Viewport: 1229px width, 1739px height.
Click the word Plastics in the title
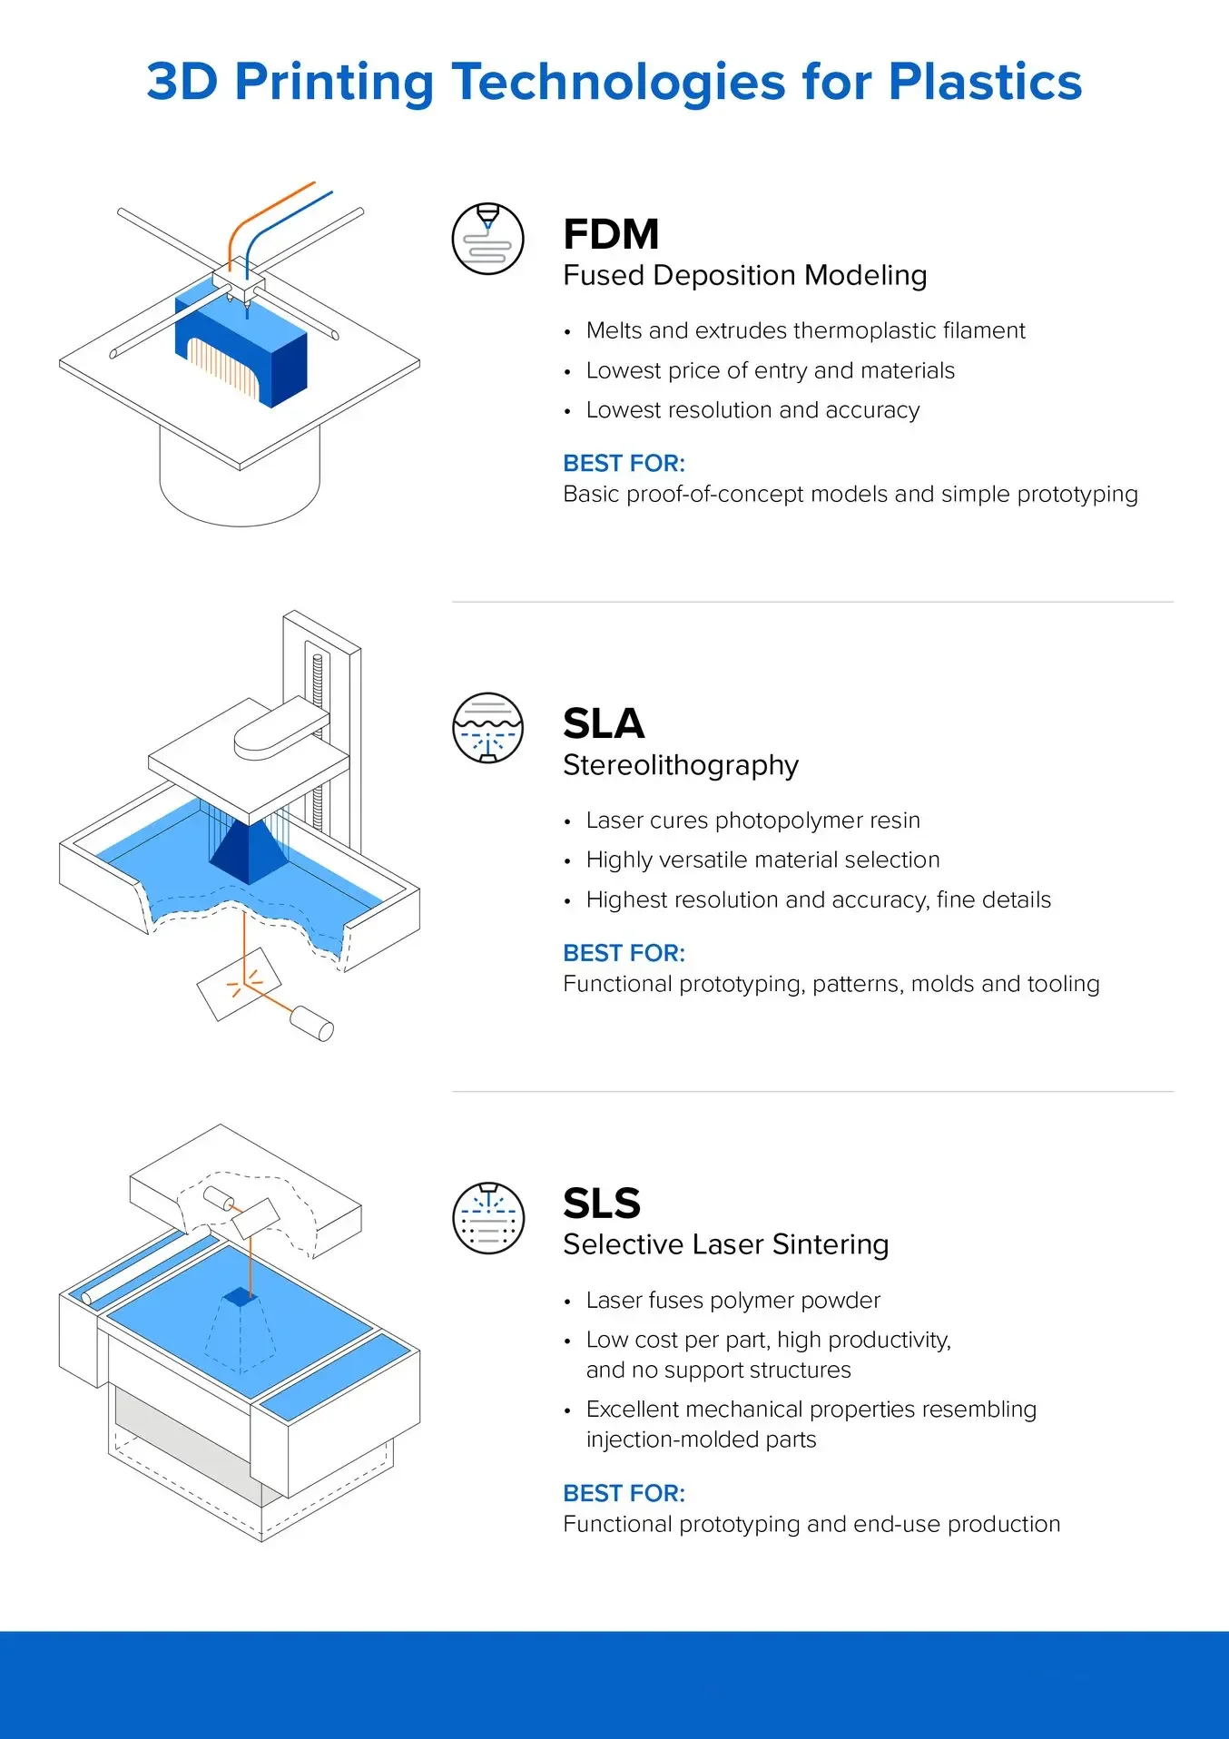[x=985, y=82]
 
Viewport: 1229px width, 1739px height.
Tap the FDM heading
[x=611, y=234]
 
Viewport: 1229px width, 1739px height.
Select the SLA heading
[x=604, y=724]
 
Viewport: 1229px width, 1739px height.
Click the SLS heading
[x=602, y=1204]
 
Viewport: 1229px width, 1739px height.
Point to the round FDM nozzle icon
[x=488, y=239]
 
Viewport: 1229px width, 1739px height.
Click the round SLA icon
[x=488, y=728]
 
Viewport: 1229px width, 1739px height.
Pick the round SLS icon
[x=488, y=1218]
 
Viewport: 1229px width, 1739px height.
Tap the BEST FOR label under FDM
[x=624, y=464]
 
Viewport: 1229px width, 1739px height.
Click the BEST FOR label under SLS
[x=624, y=1494]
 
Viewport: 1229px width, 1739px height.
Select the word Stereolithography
[x=681, y=765]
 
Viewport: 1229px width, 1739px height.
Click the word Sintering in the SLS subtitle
[x=831, y=1244]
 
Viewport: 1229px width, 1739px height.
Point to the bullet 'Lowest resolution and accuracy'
[x=752, y=410]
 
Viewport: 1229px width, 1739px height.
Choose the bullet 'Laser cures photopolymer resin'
[x=752, y=820]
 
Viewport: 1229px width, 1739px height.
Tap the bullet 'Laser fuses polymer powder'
[x=732, y=1301]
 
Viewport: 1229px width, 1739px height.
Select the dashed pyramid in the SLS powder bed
[x=240, y=1334]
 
